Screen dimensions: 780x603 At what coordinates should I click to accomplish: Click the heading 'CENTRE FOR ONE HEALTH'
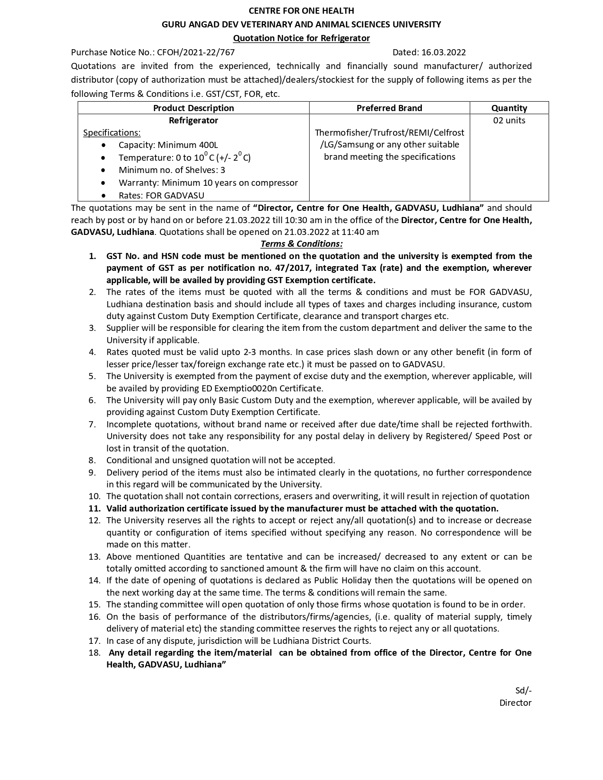tap(301, 10)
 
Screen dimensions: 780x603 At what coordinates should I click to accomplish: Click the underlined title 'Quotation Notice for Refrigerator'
tap(301, 38)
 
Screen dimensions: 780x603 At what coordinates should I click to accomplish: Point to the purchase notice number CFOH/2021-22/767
tap(196, 52)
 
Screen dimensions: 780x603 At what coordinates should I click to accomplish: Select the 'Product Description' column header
tap(193, 108)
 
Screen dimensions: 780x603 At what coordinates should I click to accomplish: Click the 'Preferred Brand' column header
tap(389, 108)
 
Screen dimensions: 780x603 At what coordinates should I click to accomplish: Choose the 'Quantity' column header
tap(509, 108)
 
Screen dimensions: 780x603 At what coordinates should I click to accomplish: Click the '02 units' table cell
tap(509, 120)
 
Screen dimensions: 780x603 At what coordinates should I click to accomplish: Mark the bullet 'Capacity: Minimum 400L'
tap(168, 145)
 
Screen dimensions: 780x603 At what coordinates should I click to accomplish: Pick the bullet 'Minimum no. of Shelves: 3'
tap(172, 170)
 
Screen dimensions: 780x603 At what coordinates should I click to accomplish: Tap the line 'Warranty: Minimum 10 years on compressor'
tap(208, 182)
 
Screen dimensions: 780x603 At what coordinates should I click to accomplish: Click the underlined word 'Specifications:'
tap(112, 133)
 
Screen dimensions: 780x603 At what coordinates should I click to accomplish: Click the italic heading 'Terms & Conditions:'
tap(301, 244)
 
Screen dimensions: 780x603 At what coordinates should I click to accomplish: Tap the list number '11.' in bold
tap(95, 509)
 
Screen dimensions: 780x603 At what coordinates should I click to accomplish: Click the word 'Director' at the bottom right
tap(515, 702)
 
